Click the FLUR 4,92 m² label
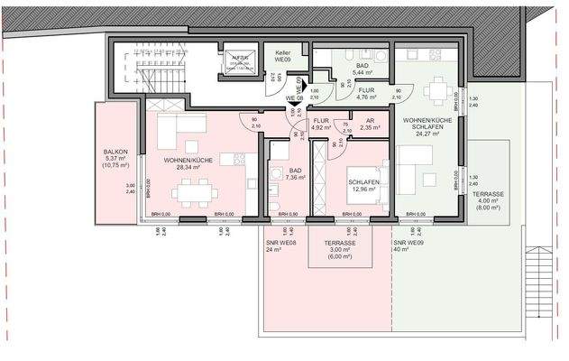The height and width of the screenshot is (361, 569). point(323,125)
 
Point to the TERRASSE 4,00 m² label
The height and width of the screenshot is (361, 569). point(491,200)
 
